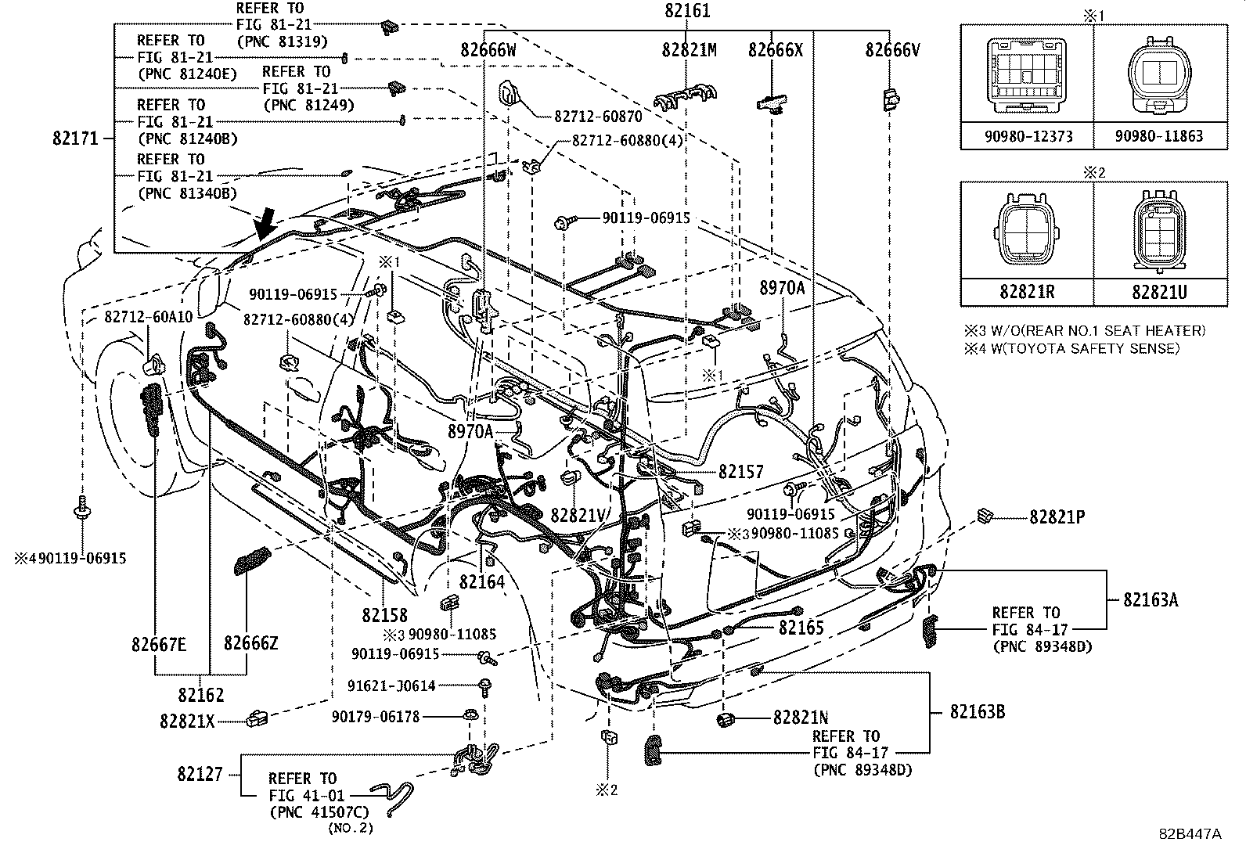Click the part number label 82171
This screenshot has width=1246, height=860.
pos(75,139)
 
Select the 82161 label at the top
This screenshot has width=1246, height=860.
pos(688,12)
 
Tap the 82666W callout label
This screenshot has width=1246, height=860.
pos(488,50)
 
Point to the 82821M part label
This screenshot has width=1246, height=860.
pos(689,50)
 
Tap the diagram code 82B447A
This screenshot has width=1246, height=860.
pos(1190,834)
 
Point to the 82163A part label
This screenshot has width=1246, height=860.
pos(1151,600)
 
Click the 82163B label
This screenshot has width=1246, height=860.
pos(977,712)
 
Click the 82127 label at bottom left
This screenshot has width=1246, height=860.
pos(200,774)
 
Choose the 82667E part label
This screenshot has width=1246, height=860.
pos(159,644)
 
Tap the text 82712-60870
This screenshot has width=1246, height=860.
pos(598,117)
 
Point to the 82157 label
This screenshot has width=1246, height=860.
pos(740,472)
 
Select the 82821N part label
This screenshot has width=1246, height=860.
pos(801,718)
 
